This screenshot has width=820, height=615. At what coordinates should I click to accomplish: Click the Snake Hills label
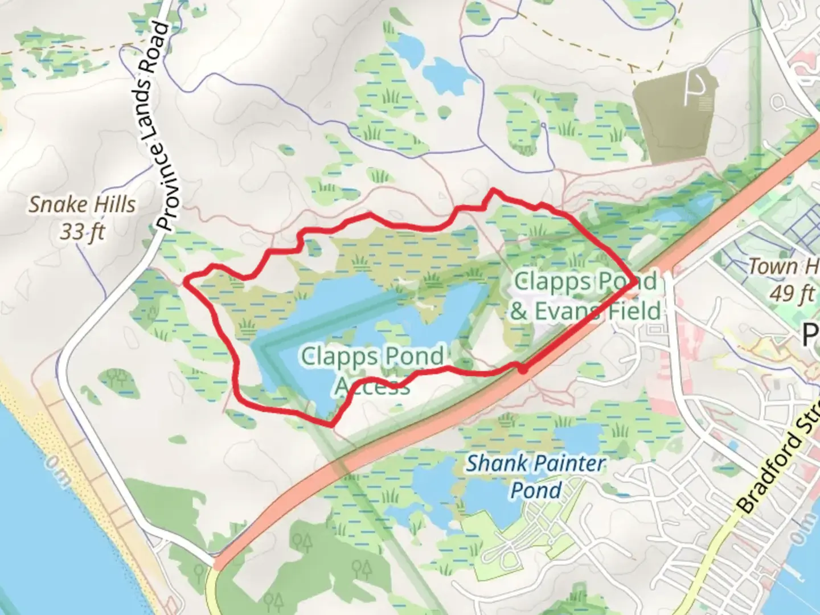click(83, 204)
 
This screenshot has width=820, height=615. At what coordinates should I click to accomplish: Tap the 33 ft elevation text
click(83, 232)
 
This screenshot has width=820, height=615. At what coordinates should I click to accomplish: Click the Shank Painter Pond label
click(535, 476)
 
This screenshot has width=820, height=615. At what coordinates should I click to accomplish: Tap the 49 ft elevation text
click(792, 293)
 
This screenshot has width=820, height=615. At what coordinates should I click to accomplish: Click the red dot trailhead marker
click(522, 370)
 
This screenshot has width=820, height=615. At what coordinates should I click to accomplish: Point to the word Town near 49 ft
click(772, 266)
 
